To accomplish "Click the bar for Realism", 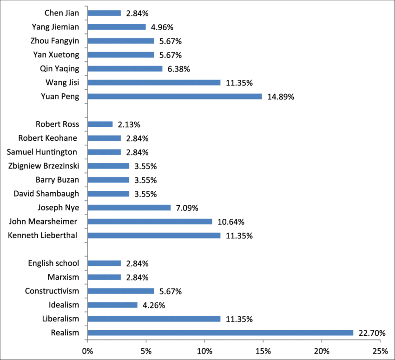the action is pyautogui.click(x=220, y=333).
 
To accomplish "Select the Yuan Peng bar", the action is pyautogui.click(x=175, y=97).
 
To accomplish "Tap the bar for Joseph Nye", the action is pyautogui.click(x=129, y=208).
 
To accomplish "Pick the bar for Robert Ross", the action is pyautogui.click(x=100, y=124).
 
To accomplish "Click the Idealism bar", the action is pyautogui.click(x=112, y=305).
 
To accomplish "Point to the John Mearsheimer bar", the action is pyautogui.click(x=150, y=222).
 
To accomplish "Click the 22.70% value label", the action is pyautogui.click(x=372, y=333).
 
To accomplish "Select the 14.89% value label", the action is pyautogui.click(x=281, y=97).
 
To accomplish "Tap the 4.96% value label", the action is pyautogui.click(x=162, y=27).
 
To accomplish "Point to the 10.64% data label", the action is pyautogui.click(x=231, y=222).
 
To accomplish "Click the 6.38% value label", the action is pyautogui.click(x=178, y=69).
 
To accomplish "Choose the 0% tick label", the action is pyautogui.click(x=88, y=351).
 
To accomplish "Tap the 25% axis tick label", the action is pyautogui.click(x=380, y=351).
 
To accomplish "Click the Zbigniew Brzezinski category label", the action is pyautogui.click(x=44, y=166).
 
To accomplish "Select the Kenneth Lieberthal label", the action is pyautogui.click(x=42, y=236).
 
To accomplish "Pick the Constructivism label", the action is pyautogui.click(x=52, y=291).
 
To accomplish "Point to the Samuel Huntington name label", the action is pyautogui.click(x=42, y=152).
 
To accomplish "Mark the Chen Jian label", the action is pyautogui.click(x=62, y=13).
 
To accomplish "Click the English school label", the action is pyautogui.click(x=53, y=263).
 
